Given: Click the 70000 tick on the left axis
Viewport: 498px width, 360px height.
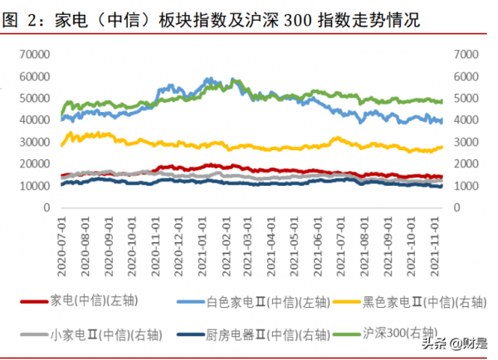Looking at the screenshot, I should [37, 54].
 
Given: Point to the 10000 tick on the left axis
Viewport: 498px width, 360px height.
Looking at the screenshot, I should [37, 186].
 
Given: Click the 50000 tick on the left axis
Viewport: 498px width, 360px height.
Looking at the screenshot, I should [37, 98].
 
